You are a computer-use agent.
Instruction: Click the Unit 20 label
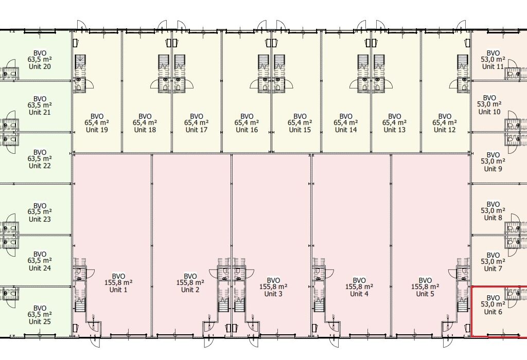40,66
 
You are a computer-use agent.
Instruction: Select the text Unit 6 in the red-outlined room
493,312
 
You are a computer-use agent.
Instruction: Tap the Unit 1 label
118,290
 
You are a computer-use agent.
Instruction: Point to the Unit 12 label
445,130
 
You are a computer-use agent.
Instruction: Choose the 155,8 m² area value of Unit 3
273,287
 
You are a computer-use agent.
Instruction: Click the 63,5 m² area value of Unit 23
40,212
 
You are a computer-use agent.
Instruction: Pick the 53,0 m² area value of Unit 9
493,161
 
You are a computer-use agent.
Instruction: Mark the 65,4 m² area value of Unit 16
247,123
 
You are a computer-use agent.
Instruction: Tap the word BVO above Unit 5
425,280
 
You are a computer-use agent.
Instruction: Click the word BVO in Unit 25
40,308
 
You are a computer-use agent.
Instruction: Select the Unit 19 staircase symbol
80,62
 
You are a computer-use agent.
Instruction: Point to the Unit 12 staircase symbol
463,62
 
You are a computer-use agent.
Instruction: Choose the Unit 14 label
346,130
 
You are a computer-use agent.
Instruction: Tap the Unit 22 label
40,166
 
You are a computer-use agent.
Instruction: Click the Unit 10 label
489,112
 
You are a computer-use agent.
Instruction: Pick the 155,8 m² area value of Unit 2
190,283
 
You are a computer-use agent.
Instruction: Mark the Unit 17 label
197,130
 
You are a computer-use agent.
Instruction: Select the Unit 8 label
493,218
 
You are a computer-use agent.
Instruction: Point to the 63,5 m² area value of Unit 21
40,105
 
